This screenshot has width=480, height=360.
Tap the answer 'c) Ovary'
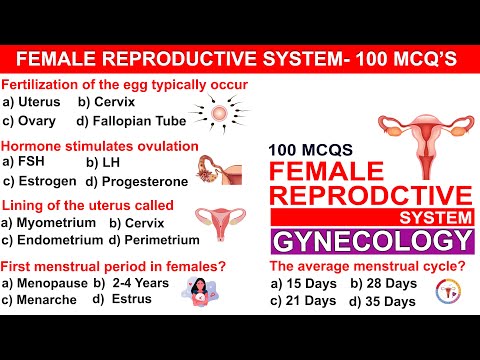pos(33,121)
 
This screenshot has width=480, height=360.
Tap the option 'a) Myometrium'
pos(50,222)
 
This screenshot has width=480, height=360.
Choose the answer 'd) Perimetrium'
pos(158,240)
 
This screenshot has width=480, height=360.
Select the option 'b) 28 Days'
pos(384,284)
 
